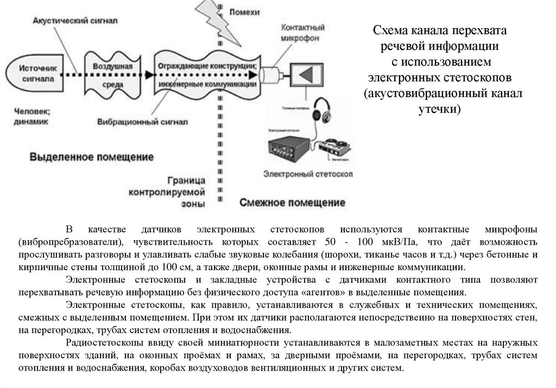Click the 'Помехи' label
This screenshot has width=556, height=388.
(244, 12)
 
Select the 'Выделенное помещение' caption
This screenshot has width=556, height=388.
(91, 157)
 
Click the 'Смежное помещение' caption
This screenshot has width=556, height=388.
(292, 203)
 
